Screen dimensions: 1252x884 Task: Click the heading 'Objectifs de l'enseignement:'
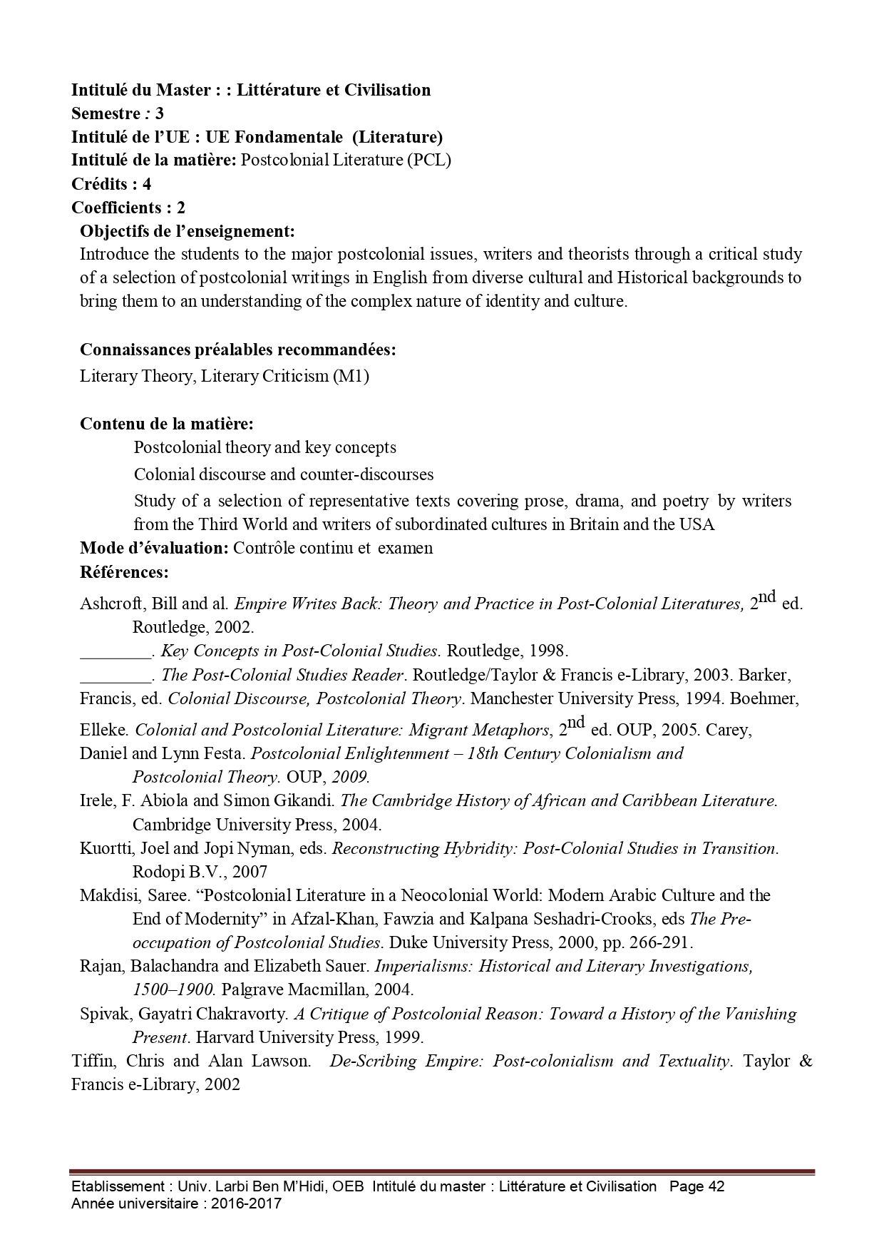click(x=187, y=231)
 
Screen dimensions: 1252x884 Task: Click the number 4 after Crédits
click(x=147, y=184)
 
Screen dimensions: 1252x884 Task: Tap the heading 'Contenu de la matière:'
click(x=167, y=424)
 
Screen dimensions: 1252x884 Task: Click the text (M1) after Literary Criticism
click(x=351, y=376)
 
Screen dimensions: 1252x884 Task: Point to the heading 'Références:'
click(x=124, y=572)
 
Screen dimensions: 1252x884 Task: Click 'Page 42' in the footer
click(x=697, y=1186)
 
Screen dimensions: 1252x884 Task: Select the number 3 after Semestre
click(x=159, y=113)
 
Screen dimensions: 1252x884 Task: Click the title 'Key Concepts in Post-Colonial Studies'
click(x=299, y=651)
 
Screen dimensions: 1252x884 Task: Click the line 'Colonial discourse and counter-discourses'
click(x=284, y=474)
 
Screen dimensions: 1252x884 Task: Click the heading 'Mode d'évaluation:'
click(x=154, y=548)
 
